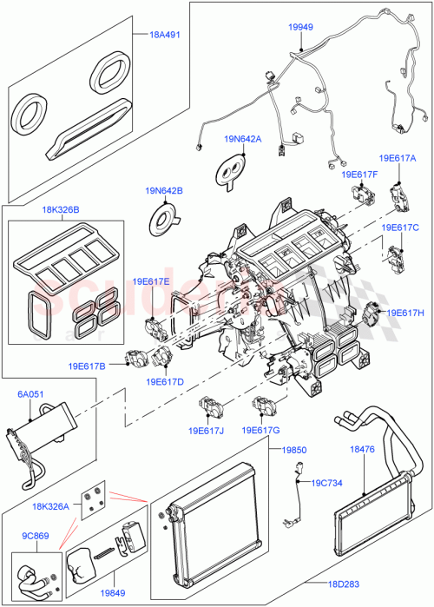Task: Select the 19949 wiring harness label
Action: (301, 28)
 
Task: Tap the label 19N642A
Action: (242, 138)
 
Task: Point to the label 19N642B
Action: (164, 190)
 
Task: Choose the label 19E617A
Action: (398, 159)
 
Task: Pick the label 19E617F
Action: (359, 175)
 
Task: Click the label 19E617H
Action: (405, 313)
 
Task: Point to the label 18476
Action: (362, 449)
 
